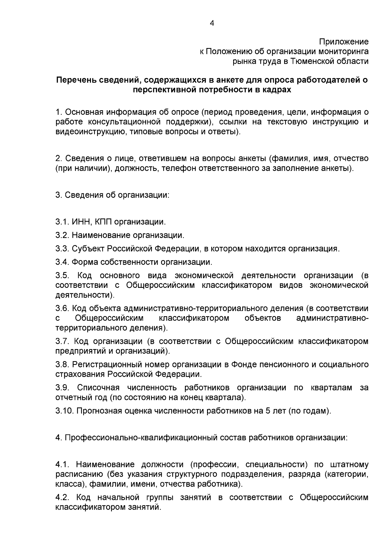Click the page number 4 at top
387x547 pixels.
(x=212, y=23)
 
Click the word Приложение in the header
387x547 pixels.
(x=344, y=42)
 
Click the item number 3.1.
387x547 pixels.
(x=62, y=222)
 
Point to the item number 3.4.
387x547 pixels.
(x=62, y=262)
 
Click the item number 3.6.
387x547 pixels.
(x=62, y=308)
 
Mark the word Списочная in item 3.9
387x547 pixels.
(x=98, y=388)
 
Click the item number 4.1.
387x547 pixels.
(x=62, y=465)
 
